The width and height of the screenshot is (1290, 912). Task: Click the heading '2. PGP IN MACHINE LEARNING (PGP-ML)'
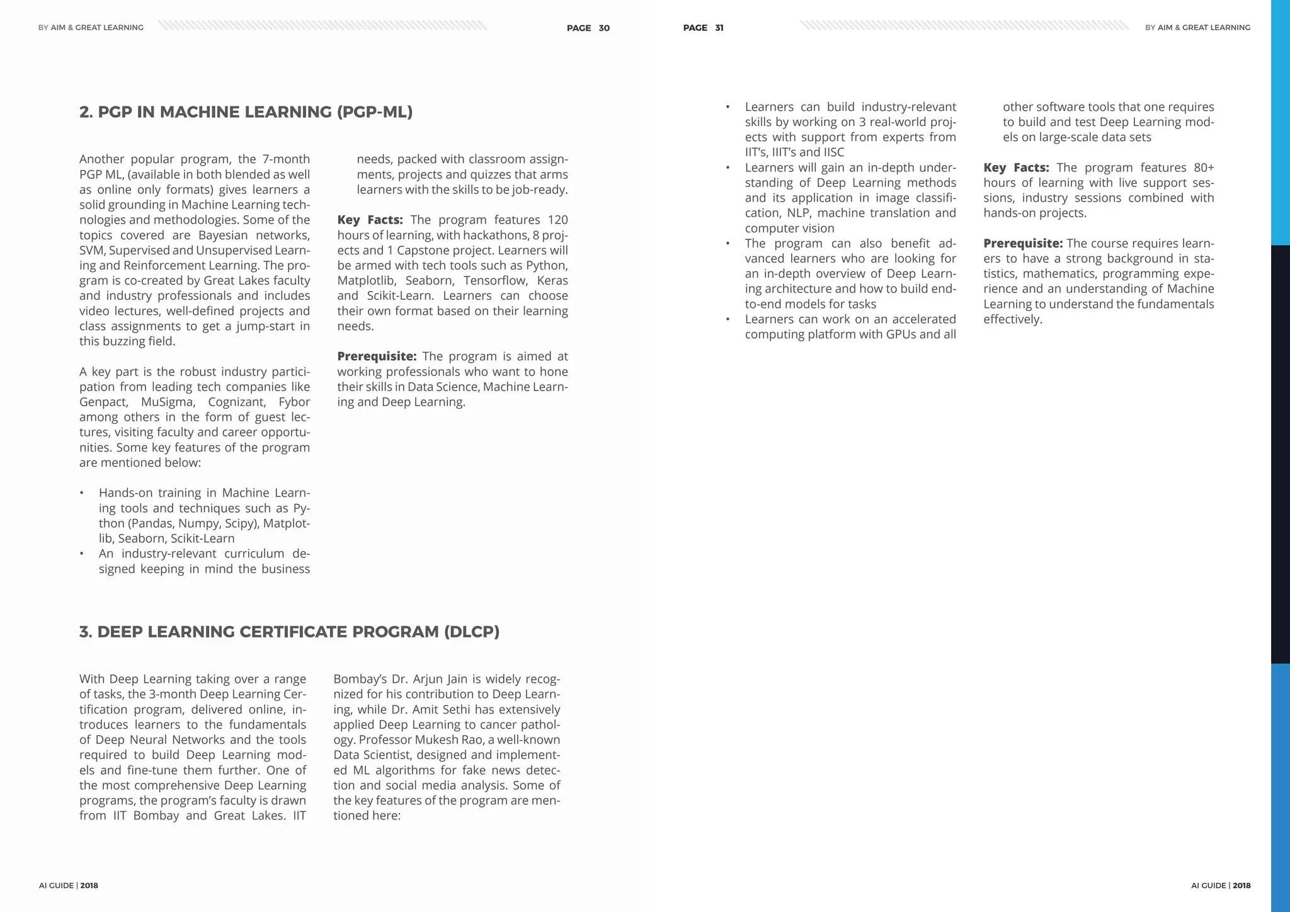tap(246, 112)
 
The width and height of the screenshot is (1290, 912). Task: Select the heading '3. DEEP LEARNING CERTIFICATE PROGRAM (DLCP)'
tap(289, 632)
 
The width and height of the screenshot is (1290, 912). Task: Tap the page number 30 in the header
tap(603, 28)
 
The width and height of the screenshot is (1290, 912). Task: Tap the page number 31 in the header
tap(719, 28)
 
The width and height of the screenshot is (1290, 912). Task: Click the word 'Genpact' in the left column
tap(103, 402)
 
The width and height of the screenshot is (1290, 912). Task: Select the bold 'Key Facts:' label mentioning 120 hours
tap(370, 220)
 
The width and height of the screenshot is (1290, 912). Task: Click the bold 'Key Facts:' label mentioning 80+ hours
tap(1016, 168)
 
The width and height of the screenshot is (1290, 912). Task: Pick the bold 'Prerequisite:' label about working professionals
tap(377, 356)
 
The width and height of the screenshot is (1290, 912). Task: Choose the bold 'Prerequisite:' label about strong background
tap(1023, 243)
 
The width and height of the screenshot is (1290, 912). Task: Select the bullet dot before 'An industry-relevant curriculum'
tap(81, 554)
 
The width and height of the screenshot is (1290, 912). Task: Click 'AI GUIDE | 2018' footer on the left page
tap(68, 886)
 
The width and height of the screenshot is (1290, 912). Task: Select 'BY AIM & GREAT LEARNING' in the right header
tap(1197, 28)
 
